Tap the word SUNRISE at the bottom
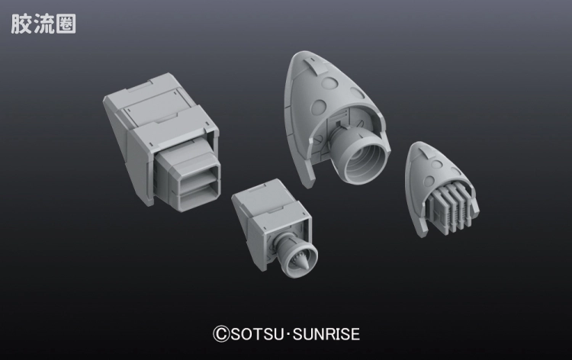(x=326, y=334)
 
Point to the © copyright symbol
(x=221, y=334)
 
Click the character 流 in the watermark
(x=43, y=24)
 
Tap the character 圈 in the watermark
(x=66, y=24)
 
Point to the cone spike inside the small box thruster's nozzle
(x=303, y=260)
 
